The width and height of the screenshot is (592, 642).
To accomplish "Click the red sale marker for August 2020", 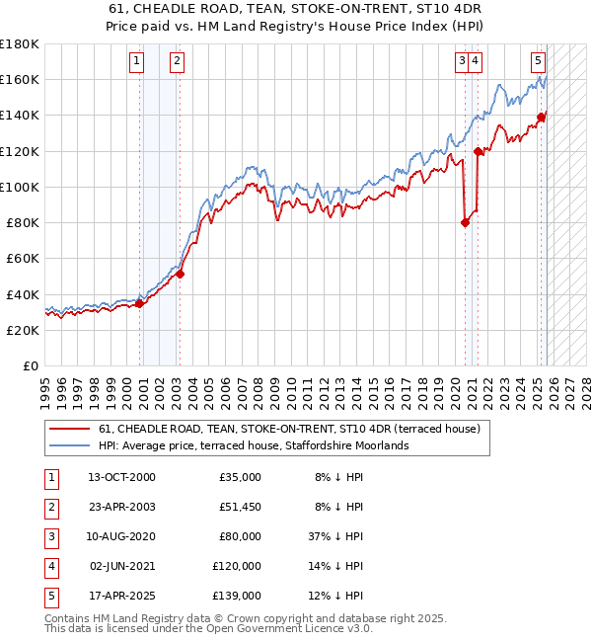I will coord(465,222).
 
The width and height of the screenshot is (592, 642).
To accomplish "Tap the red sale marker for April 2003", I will coord(180,274).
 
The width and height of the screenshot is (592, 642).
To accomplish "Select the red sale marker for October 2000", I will coord(139,303).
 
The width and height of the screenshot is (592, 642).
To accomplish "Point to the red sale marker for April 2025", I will coord(542,117).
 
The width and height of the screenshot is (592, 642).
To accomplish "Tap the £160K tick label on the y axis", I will coord(19,80).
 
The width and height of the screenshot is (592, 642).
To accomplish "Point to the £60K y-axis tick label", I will coord(23,259).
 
